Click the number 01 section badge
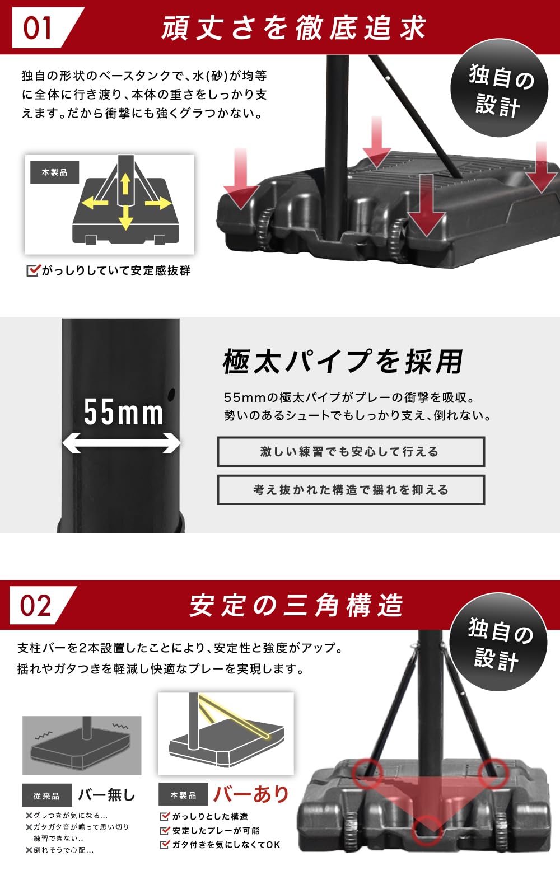[38, 28]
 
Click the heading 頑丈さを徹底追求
[294, 28]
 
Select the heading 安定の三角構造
[296, 606]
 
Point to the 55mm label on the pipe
[124, 412]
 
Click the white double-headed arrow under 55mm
[121, 443]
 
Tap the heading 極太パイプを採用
[343, 361]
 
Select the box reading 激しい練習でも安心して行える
[351, 452]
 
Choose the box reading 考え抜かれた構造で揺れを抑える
[351, 490]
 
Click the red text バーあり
[251, 794]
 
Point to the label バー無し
[106, 795]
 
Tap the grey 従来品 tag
[46, 795]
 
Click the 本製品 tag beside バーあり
[183, 795]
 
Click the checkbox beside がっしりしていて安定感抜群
[33, 271]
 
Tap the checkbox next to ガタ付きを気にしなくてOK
[165, 845]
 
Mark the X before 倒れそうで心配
[29, 850]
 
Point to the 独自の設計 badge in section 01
[499, 88]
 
